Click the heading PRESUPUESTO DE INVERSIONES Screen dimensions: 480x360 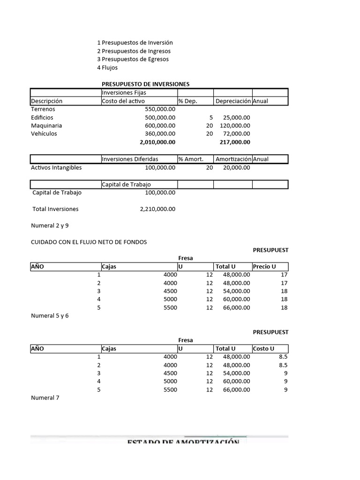[145, 84]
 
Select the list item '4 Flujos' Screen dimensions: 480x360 [107, 67]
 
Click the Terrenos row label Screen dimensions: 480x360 [43, 109]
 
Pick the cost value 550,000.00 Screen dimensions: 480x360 [160, 109]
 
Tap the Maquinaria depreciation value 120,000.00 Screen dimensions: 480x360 [235, 126]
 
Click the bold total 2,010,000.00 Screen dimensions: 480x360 [157, 142]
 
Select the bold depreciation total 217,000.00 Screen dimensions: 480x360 [235, 142]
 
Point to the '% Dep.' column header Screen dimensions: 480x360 [187, 101]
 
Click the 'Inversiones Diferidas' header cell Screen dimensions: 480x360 [130, 159]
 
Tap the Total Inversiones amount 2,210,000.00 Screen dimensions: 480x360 [157, 209]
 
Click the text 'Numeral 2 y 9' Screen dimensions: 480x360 [50, 225]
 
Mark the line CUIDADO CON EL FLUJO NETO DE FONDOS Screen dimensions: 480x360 [89, 242]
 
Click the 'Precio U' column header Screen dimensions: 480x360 [264, 267]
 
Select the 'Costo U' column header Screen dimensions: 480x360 [263, 349]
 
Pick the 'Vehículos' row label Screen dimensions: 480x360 [44, 134]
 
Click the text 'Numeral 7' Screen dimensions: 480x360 [45, 398]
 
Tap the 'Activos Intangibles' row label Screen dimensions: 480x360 [56, 167]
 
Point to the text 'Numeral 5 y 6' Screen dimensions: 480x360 [50, 316]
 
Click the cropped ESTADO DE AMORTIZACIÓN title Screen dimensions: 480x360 [183, 442]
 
